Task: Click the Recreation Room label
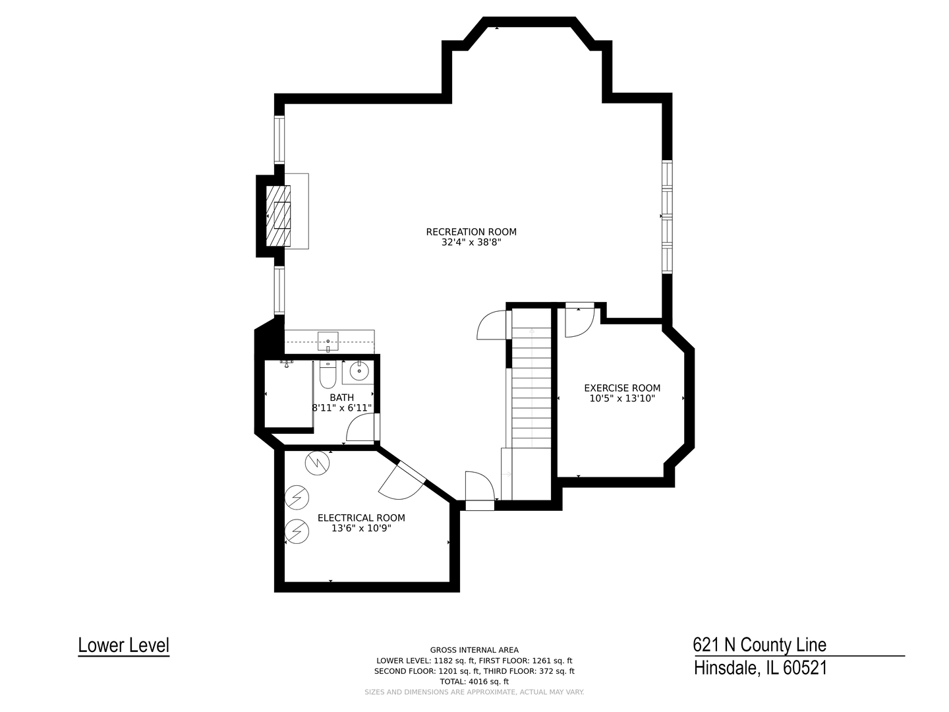(471, 231)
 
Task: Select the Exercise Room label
(622, 388)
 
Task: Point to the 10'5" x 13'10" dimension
(622, 398)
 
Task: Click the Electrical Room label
(361, 518)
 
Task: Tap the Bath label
(341, 398)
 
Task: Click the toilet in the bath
(328, 374)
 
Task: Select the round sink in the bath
(359, 371)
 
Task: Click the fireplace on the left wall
(278, 216)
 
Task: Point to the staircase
(531, 396)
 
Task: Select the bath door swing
(361, 429)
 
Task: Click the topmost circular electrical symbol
(316, 462)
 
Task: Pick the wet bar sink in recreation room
(328, 341)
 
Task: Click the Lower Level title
(123, 645)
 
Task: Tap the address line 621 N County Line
(759, 644)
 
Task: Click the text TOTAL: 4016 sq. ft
(474, 682)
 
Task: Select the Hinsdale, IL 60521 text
(760, 668)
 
